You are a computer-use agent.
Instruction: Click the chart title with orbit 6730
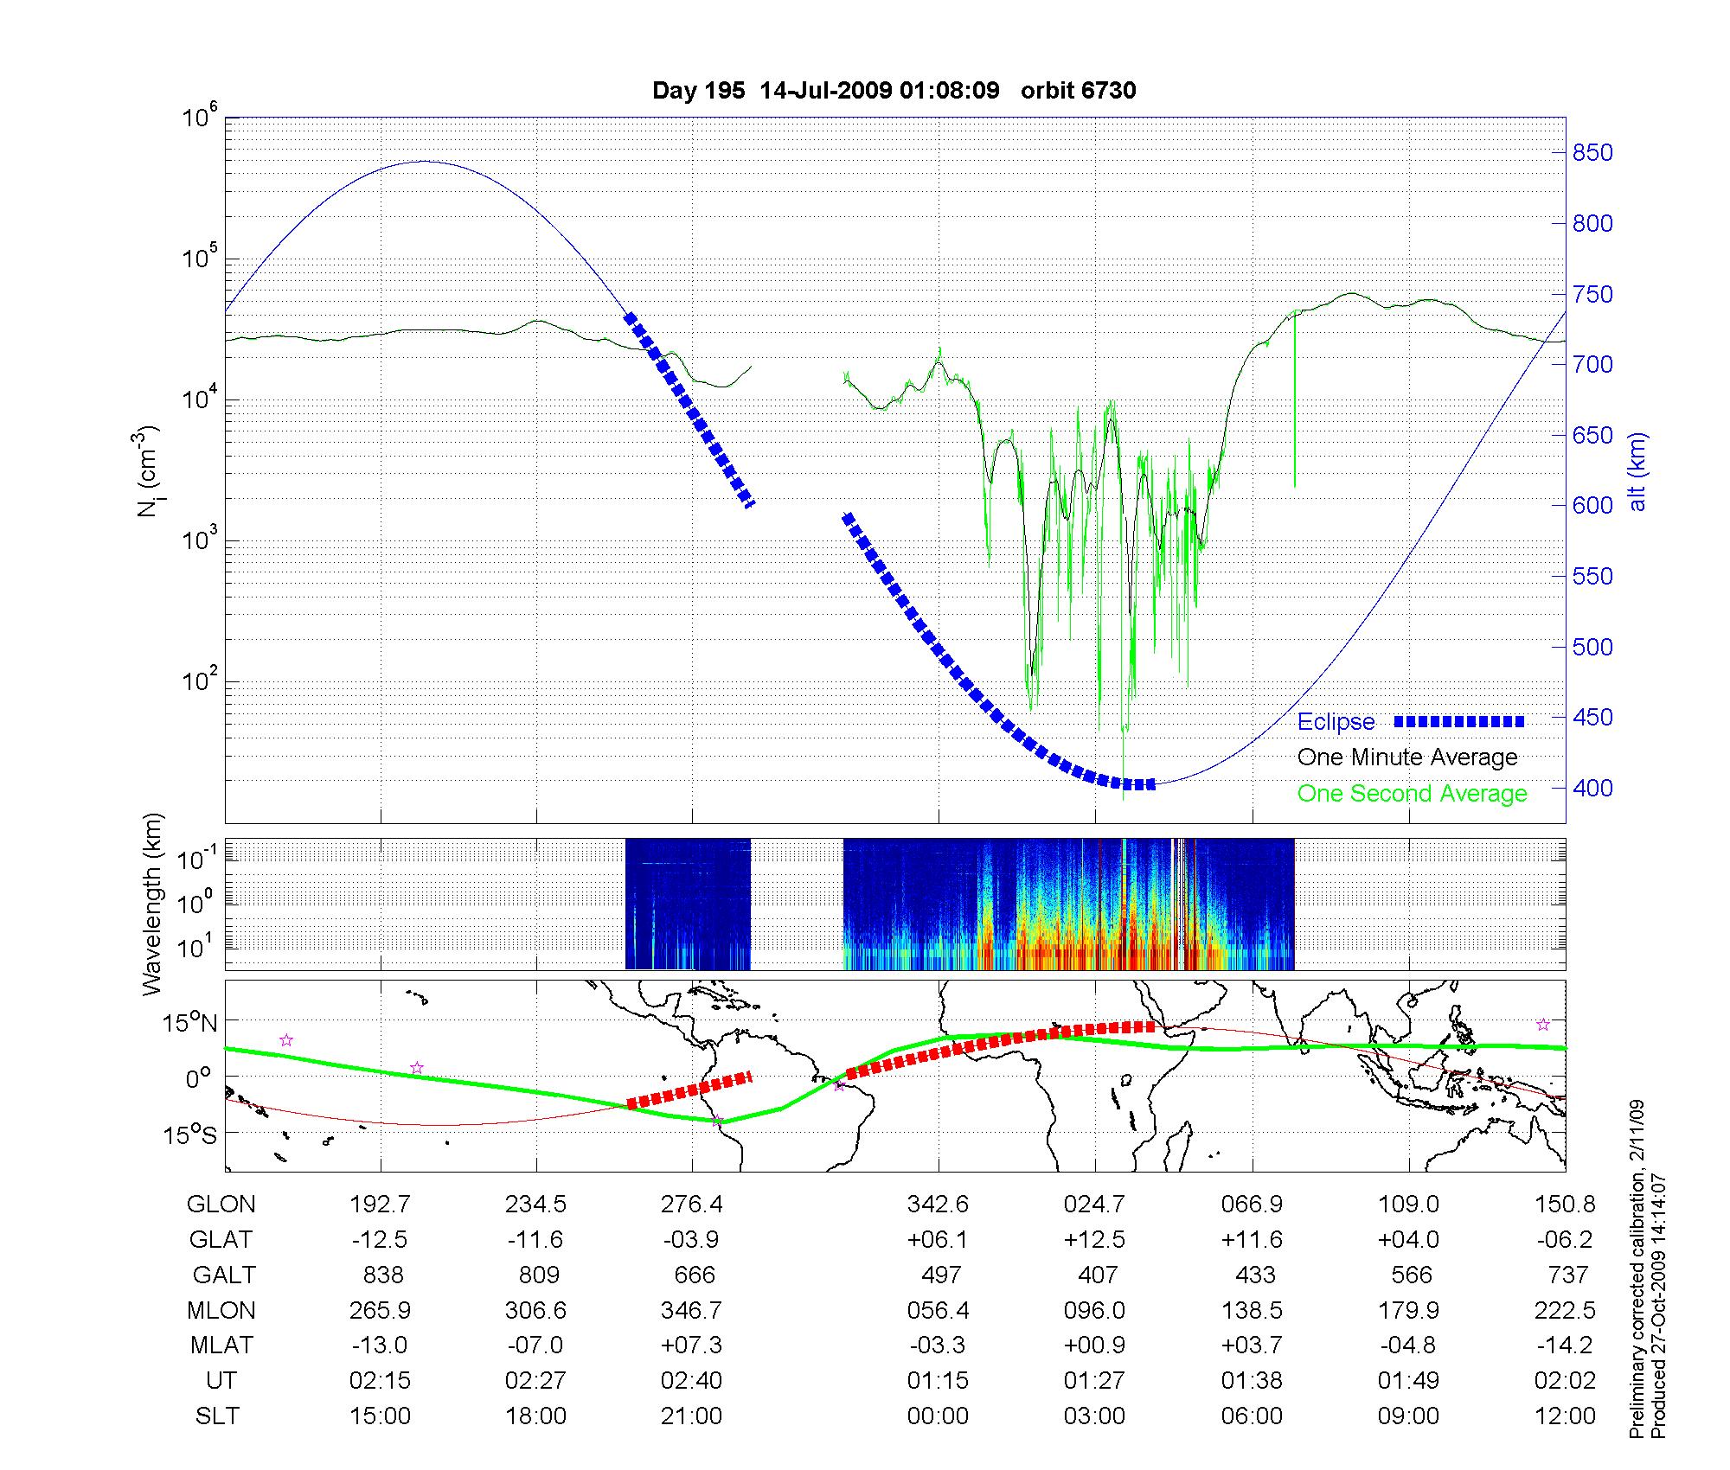point(894,91)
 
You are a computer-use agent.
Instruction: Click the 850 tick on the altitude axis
point(1592,153)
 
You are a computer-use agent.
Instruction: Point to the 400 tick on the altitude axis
point(1592,789)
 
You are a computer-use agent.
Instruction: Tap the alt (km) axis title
point(1637,471)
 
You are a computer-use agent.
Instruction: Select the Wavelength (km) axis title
point(153,904)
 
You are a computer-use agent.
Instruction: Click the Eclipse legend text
point(1336,722)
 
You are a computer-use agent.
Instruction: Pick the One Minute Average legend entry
point(1407,757)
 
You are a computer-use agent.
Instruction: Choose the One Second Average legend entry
point(1412,794)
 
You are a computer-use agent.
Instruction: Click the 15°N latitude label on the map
point(191,1024)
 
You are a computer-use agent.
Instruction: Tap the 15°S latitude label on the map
point(191,1134)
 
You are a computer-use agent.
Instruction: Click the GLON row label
point(221,1205)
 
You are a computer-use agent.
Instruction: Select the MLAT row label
point(221,1345)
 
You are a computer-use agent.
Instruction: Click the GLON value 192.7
point(380,1205)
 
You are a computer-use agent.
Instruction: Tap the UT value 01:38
point(1252,1381)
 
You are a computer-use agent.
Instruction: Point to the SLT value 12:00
point(1566,1416)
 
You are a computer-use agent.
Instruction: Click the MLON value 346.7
point(691,1310)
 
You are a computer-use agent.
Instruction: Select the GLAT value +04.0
point(1409,1240)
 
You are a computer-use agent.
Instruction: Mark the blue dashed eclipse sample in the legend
point(1459,722)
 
